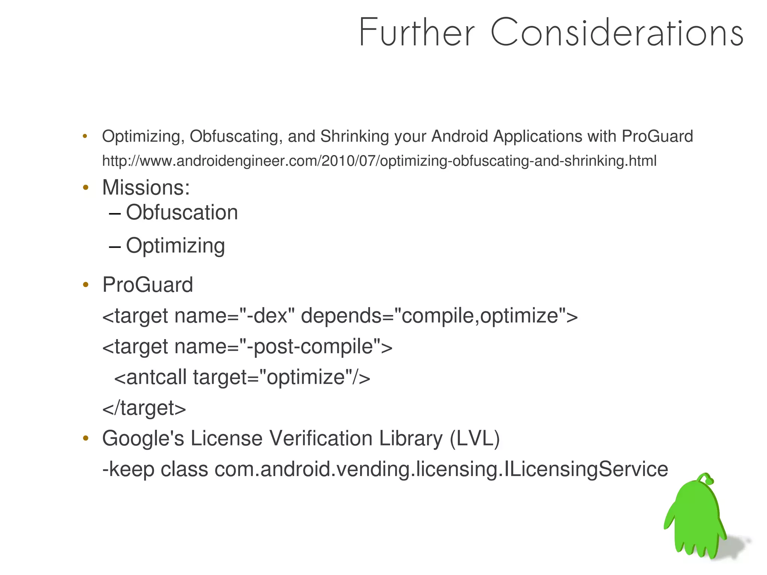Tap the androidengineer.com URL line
[x=379, y=161]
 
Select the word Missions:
[x=146, y=187]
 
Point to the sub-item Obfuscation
[x=182, y=212]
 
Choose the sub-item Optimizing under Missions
[x=175, y=246]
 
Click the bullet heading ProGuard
[x=148, y=285]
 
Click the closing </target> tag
[x=144, y=408]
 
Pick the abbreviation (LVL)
[x=475, y=438]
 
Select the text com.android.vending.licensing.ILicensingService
[x=441, y=469]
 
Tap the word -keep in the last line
[x=128, y=469]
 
